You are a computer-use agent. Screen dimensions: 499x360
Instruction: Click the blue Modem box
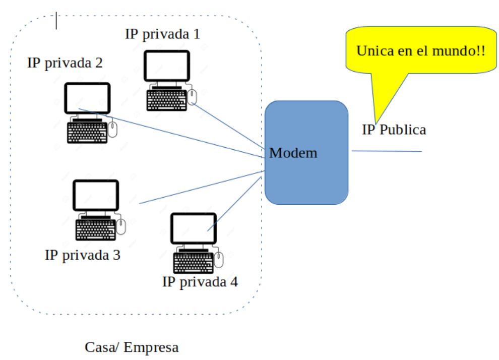click(306, 153)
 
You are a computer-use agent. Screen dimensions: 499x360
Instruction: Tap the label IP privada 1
click(162, 34)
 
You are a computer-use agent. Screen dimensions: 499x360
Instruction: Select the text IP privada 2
click(65, 63)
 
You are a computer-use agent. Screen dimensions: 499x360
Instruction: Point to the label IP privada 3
click(83, 255)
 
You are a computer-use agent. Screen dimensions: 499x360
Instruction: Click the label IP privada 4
click(200, 281)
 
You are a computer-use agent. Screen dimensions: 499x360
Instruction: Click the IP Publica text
click(394, 130)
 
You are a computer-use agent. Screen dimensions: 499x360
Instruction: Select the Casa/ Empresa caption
click(132, 347)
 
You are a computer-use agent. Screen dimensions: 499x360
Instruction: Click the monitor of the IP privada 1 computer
click(167, 66)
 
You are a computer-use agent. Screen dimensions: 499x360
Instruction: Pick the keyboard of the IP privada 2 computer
click(87, 133)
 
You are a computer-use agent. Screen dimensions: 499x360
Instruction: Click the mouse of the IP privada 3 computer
click(121, 226)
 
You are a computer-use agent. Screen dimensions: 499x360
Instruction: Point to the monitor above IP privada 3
click(96, 196)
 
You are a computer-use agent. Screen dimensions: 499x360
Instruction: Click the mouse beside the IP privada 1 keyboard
click(192, 97)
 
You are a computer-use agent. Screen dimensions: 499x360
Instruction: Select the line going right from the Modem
click(387, 151)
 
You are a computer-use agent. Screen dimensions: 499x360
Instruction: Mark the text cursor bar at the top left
click(56, 21)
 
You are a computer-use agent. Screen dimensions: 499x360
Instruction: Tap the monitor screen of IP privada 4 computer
click(194, 228)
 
